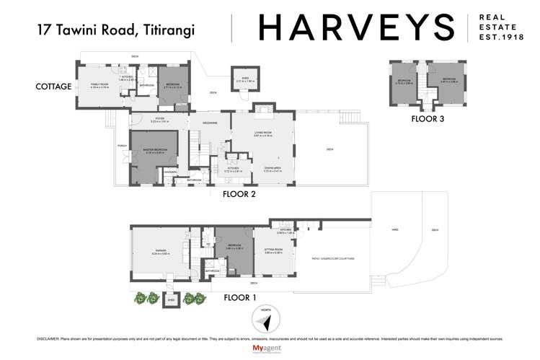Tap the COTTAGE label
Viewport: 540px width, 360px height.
click(x=54, y=87)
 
